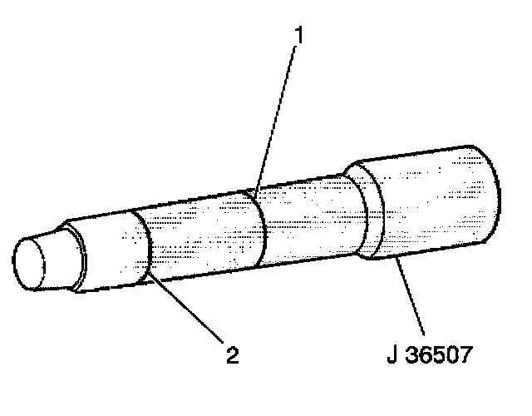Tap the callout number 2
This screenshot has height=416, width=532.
click(x=232, y=355)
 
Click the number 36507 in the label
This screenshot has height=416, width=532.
click(x=440, y=355)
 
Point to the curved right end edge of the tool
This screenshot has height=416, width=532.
click(x=497, y=196)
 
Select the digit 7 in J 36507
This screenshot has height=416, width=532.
click(x=468, y=355)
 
